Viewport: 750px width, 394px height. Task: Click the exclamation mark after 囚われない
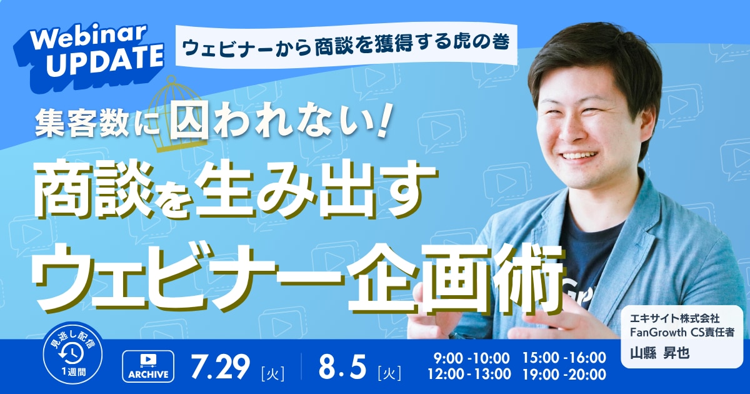click(383, 123)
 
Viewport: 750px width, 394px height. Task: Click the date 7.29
click(220, 366)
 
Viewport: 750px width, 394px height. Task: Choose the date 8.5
click(342, 366)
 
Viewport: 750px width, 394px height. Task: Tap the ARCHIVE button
click(148, 366)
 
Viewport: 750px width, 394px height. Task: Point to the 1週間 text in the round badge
click(73, 371)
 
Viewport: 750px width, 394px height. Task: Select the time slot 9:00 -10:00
click(471, 358)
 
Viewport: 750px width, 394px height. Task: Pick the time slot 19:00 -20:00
click(564, 375)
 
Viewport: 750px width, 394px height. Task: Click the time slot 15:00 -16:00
click(564, 358)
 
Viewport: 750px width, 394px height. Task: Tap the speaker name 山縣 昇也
click(659, 353)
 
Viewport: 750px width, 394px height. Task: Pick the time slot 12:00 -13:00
click(469, 375)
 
